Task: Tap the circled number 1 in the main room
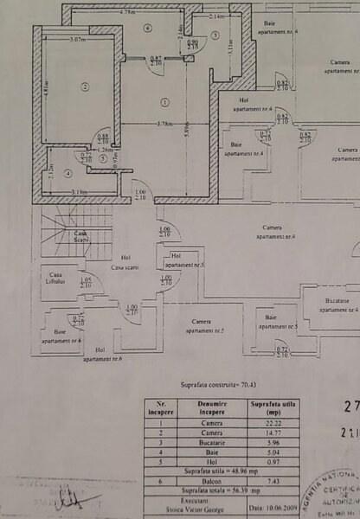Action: click(x=164, y=102)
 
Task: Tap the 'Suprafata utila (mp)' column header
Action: click(x=268, y=406)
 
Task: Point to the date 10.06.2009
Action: click(x=268, y=509)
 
